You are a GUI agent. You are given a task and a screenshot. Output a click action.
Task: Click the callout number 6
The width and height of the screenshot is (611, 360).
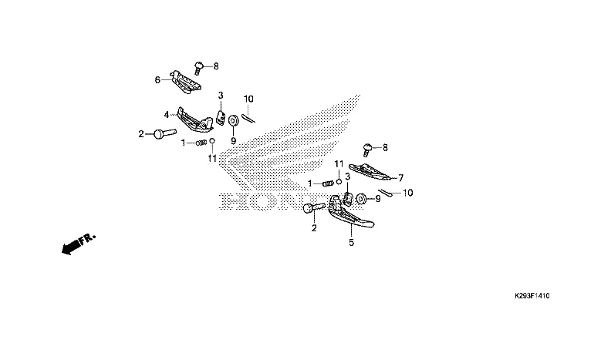click(157, 79)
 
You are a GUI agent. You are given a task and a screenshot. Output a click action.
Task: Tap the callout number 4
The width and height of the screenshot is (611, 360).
click(166, 115)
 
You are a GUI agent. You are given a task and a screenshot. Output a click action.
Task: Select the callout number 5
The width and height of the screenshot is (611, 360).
click(351, 242)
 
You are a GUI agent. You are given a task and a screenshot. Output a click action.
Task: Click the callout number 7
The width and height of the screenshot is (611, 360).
click(400, 177)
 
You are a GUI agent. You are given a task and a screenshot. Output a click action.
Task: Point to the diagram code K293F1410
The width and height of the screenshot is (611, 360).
click(532, 296)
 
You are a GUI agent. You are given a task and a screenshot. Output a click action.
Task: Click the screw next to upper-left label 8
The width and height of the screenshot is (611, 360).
click(197, 68)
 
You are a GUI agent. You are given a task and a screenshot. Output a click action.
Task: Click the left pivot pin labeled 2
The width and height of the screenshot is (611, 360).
click(160, 134)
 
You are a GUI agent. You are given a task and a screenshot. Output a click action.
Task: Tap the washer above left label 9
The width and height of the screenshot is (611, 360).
click(232, 120)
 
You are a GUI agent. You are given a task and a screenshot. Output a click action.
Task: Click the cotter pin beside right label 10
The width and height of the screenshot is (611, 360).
click(386, 193)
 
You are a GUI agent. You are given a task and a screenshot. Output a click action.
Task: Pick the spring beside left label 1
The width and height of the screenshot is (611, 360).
click(203, 143)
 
